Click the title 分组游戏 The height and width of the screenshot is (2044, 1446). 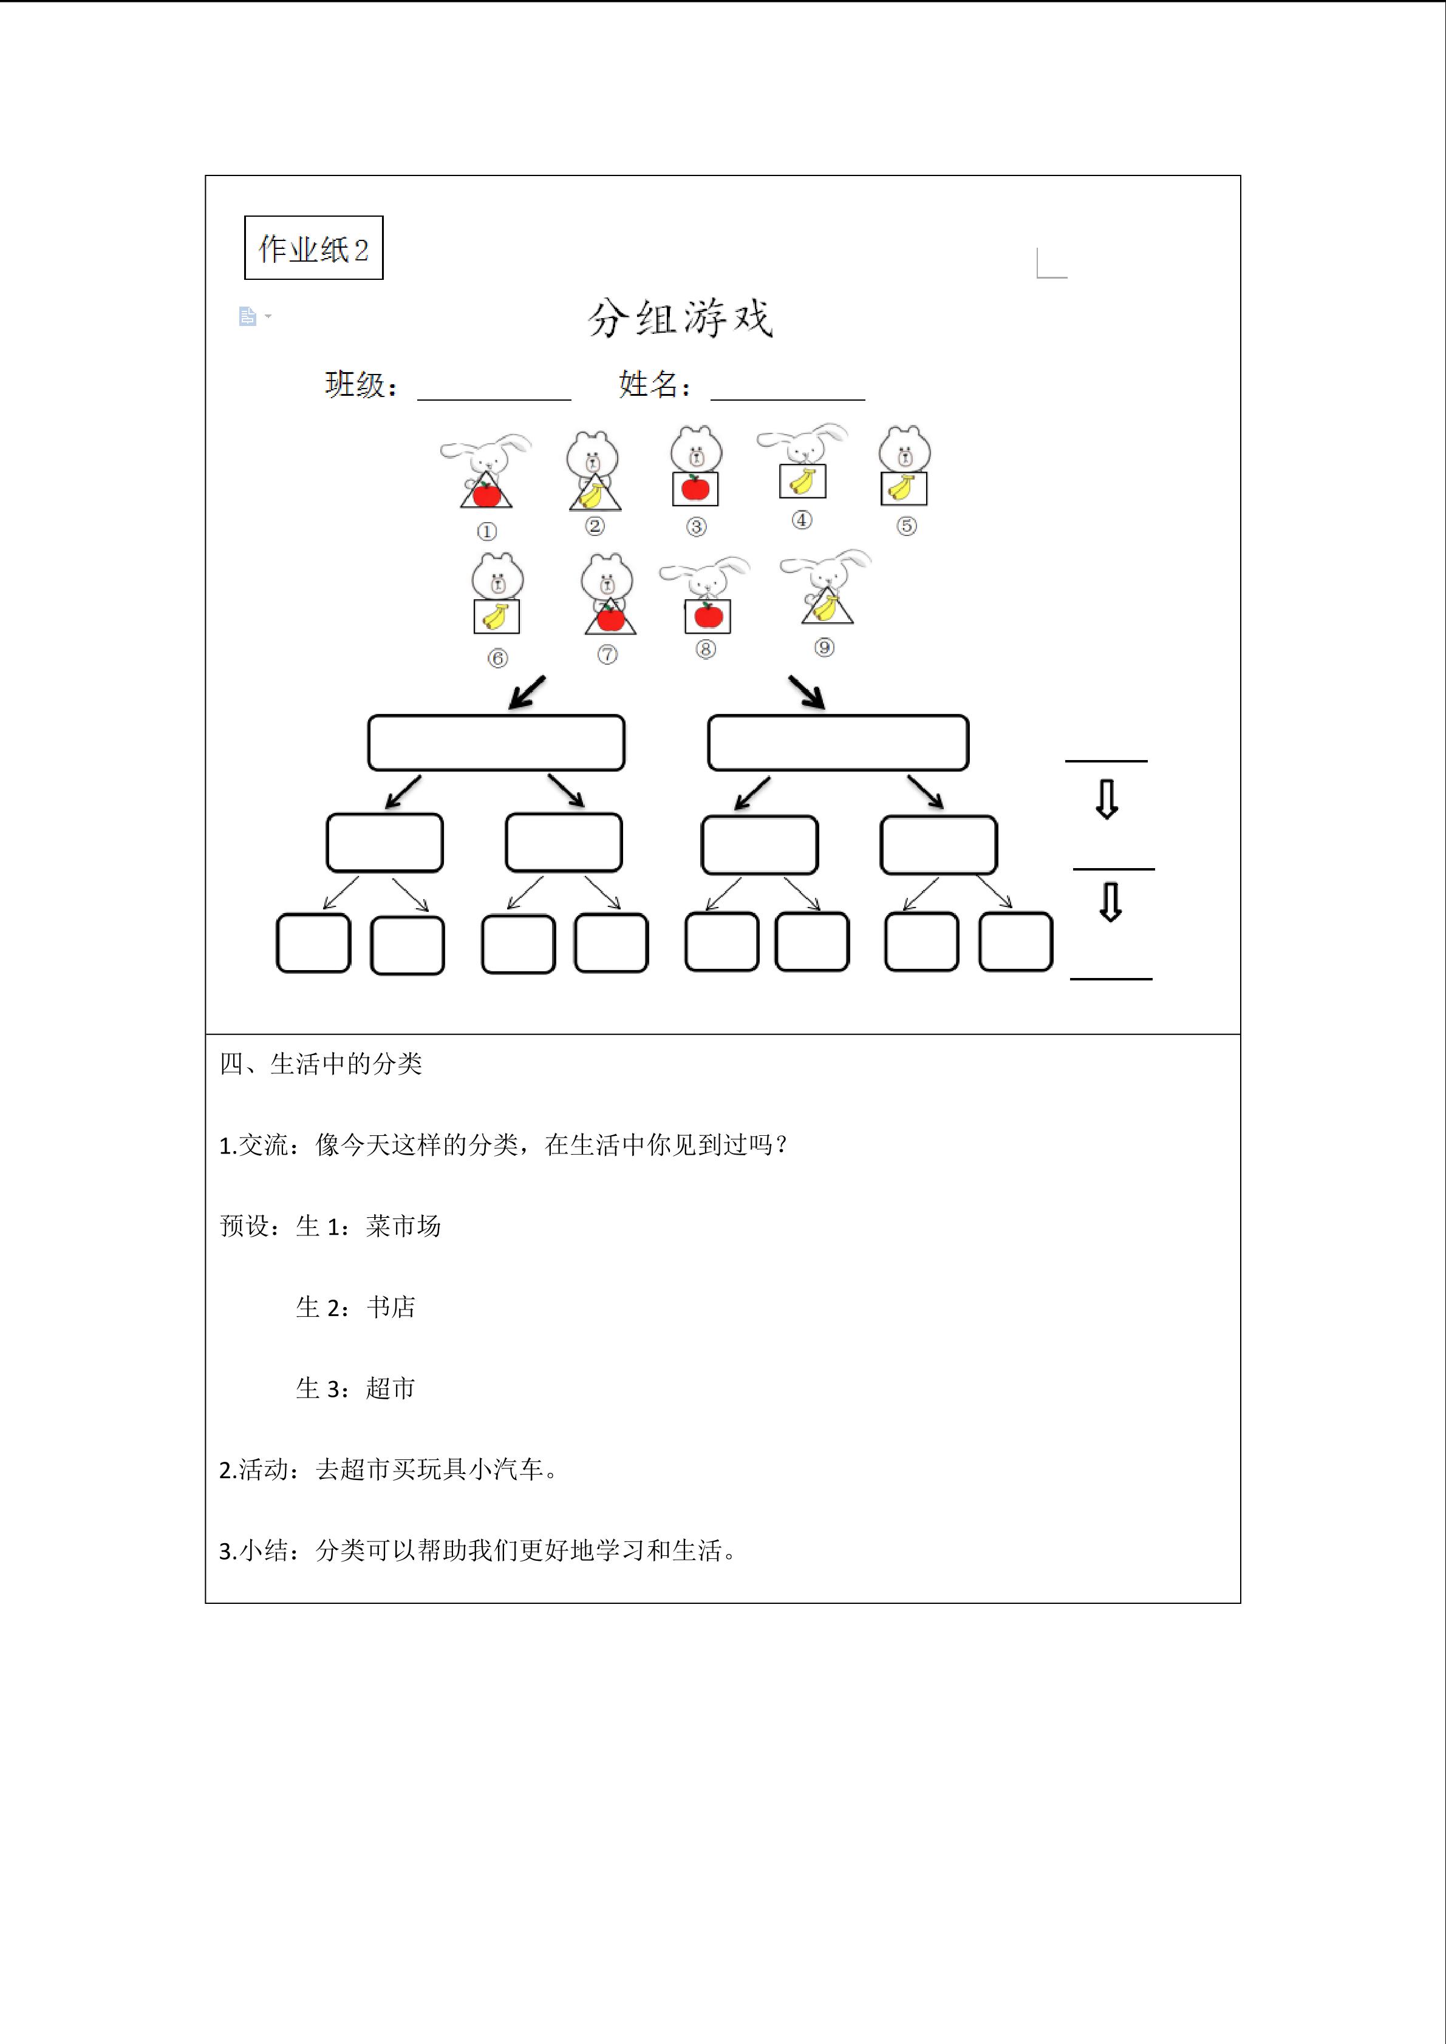(680, 318)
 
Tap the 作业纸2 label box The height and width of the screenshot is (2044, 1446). (313, 248)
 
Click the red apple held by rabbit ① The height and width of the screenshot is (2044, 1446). (486, 492)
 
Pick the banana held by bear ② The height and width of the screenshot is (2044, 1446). (592, 495)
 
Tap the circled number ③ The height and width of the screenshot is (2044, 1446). (697, 527)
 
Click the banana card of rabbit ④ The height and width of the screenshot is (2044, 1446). (802, 481)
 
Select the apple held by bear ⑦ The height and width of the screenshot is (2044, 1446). (610, 617)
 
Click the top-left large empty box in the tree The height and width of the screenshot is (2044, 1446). (496, 742)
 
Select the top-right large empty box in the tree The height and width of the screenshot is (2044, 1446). (838, 742)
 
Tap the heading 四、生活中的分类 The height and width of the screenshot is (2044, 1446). (321, 1064)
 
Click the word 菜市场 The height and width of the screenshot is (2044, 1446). (403, 1226)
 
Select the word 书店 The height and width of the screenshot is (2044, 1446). (391, 1307)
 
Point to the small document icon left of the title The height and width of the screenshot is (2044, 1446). (248, 316)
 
